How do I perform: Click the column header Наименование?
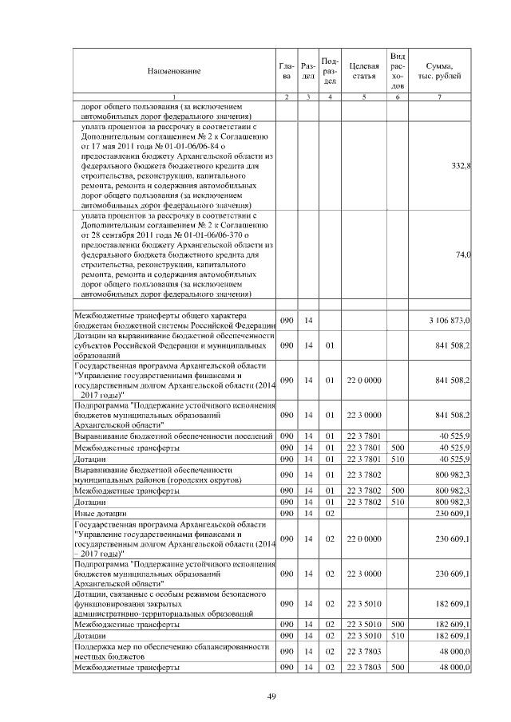tap(173, 71)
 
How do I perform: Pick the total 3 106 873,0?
tap(450, 320)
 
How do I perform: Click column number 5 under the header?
tap(363, 97)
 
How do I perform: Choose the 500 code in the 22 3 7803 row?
tap(398, 666)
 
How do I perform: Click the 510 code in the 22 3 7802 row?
tap(398, 502)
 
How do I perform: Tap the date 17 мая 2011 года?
tap(125, 146)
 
